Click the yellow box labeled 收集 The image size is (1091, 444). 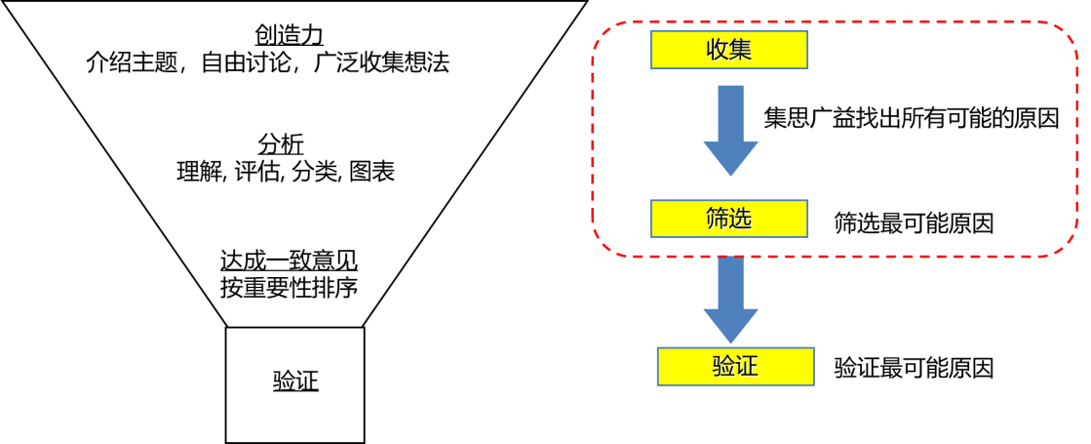click(x=729, y=50)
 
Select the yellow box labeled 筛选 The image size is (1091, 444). click(x=729, y=219)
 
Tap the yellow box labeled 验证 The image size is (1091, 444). click(x=735, y=367)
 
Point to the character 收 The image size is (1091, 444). click(x=718, y=50)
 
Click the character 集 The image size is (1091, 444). click(x=741, y=50)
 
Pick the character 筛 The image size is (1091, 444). click(x=718, y=219)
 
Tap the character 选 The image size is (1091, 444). click(x=741, y=219)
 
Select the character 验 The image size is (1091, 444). click(x=723, y=367)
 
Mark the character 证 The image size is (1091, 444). click(x=747, y=367)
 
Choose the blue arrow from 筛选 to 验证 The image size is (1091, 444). click(x=730, y=299)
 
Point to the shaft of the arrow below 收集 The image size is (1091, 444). click(x=730, y=112)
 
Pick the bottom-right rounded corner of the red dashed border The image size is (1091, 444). click(x=1065, y=246)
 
